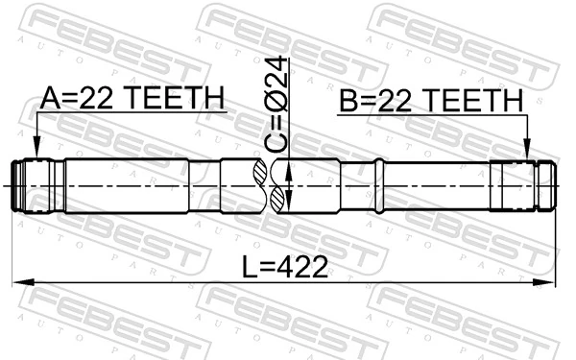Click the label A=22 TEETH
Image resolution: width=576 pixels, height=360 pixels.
point(132,98)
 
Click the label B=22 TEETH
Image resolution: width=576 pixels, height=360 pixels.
point(430,102)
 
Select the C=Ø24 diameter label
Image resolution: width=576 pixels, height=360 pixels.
point(277,105)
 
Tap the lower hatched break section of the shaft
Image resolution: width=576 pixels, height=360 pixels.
point(279,199)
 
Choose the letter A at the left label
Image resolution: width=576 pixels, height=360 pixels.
point(50,98)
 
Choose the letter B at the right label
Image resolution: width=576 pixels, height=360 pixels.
point(347,102)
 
